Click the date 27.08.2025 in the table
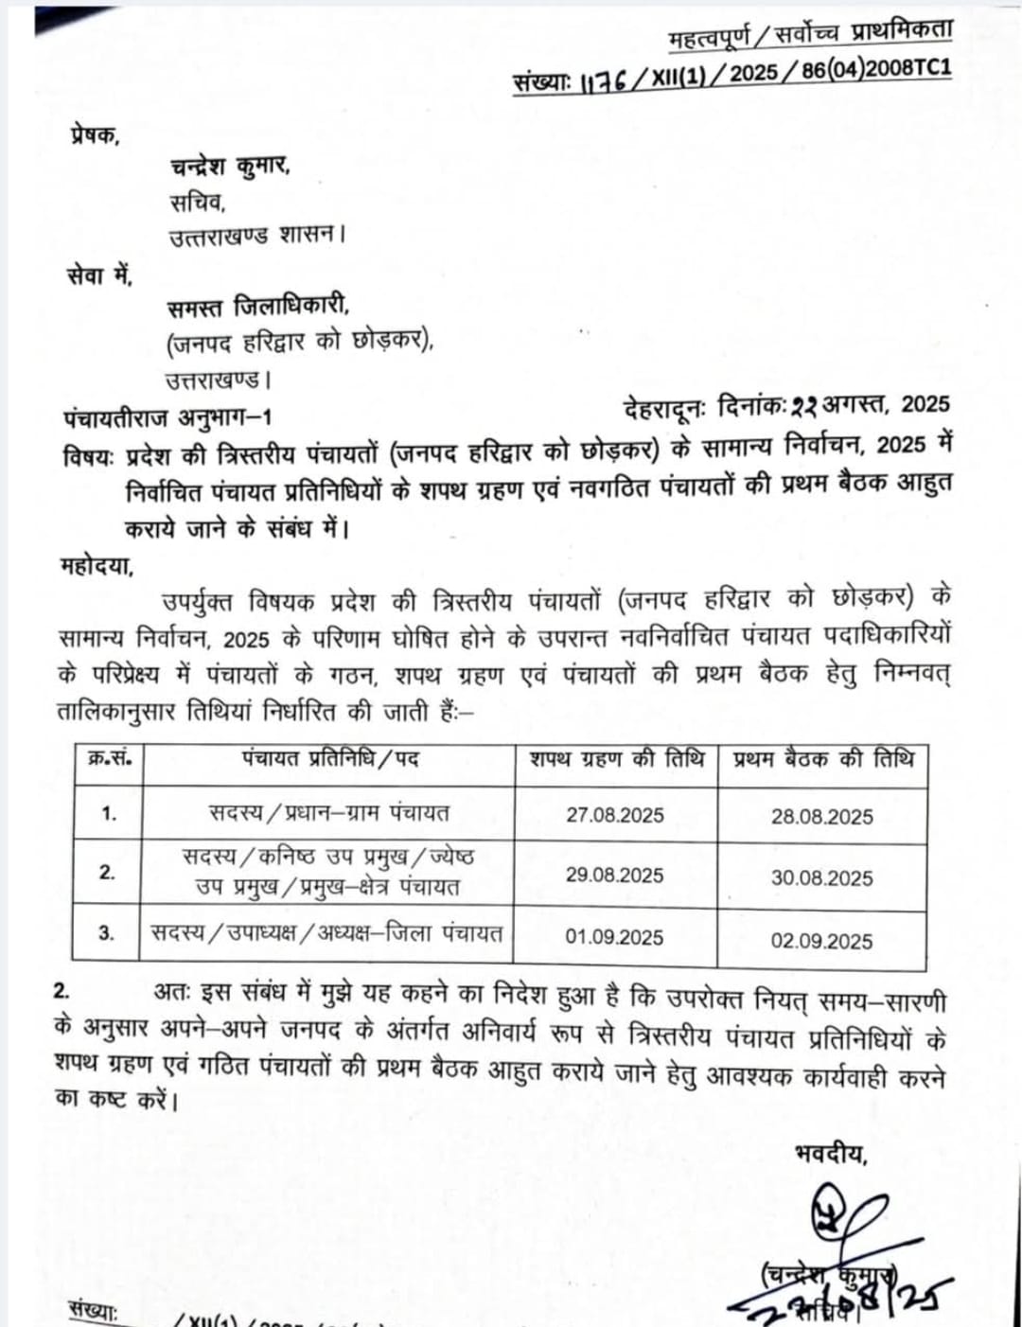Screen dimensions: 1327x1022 [615, 815]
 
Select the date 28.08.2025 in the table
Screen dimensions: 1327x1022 [821, 817]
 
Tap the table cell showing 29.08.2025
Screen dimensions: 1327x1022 [615, 875]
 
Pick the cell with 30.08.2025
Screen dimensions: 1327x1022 [821, 877]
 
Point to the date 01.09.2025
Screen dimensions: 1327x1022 [615, 937]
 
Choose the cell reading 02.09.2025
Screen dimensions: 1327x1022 [821, 941]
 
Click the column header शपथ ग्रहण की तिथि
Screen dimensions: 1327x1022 [617, 760]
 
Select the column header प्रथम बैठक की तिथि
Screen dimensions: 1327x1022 [823, 760]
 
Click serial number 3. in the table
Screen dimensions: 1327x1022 [107, 933]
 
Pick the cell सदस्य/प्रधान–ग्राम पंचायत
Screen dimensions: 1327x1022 [329, 813]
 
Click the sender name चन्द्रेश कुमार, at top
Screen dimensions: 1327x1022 [230, 168]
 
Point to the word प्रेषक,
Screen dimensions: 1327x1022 [95, 135]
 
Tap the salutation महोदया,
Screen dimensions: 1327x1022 [97, 566]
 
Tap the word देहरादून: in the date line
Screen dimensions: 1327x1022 [664, 408]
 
